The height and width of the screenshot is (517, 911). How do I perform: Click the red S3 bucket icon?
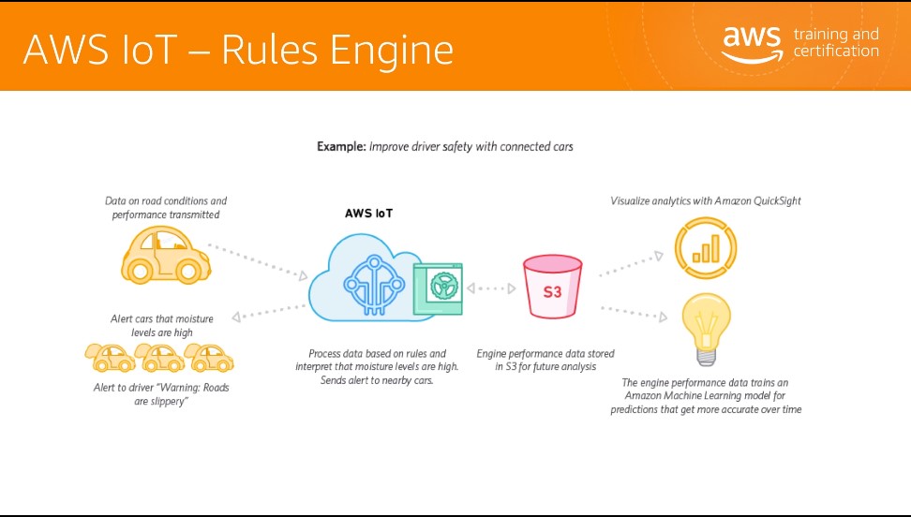click(552, 287)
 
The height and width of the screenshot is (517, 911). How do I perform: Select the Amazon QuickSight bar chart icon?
click(706, 248)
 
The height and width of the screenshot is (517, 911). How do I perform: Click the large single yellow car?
click(166, 255)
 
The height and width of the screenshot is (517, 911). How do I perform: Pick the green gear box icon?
click(438, 288)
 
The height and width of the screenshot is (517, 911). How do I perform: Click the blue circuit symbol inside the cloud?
click(374, 284)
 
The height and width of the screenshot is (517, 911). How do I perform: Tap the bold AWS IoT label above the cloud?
click(368, 214)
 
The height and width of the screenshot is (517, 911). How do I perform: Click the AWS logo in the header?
click(752, 44)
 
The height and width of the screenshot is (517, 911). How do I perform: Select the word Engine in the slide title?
click(392, 50)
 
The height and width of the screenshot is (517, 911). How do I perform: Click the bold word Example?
click(341, 146)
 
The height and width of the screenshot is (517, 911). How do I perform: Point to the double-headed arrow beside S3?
click(491, 288)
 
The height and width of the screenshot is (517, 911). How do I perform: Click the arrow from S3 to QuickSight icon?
click(631, 264)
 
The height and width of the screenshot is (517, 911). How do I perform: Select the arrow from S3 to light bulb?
click(634, 313)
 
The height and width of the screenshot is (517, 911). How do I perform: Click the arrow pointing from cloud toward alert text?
click(268, 312)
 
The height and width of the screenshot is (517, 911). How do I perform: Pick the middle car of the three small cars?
click(159, 357)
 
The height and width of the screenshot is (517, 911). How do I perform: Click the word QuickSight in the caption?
click(777, 201)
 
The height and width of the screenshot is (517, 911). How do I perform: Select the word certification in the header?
click(836, 52)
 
